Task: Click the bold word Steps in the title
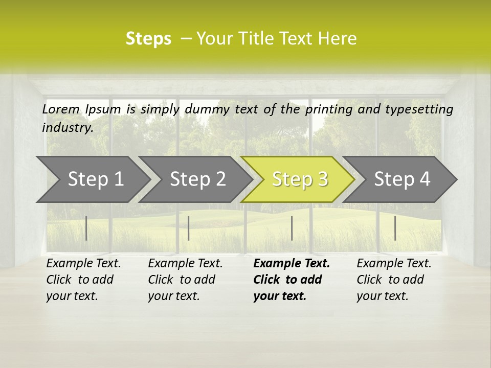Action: click(148, 39)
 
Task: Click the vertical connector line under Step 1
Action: click(86, 228)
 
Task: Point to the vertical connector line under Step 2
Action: click(189, 228)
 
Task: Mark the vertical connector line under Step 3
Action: click(292, 228)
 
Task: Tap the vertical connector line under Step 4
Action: click(395, 228)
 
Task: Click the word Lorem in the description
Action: click(61, 109)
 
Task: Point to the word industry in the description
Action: click(67, 128)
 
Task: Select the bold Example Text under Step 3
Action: click(292, 264)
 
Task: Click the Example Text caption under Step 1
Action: click(83, 264)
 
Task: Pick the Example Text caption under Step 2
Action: click(185, 264)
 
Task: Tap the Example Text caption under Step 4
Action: click(394, 264)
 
